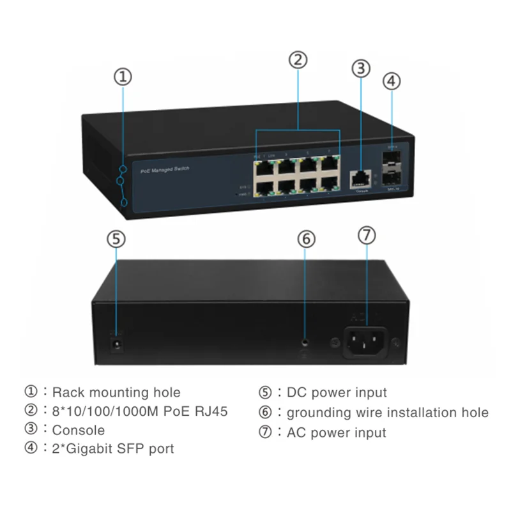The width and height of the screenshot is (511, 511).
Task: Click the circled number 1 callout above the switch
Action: click(123, 77)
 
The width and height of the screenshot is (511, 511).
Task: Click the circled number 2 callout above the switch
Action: click(298, 60)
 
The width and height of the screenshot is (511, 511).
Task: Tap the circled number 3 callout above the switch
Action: click(362, 67)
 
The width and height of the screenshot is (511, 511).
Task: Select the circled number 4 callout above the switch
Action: click(392, 81)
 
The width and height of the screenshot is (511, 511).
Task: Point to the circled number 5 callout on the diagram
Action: click(116, 239)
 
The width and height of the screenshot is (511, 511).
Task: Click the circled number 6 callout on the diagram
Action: click(306, 239)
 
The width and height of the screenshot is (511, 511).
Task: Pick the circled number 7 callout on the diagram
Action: click(366, 234)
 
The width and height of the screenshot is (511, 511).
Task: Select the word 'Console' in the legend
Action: click(78, 430)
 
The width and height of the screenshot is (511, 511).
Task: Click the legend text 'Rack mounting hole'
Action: click(116, 392)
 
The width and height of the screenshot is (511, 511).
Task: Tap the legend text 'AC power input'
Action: click(336, 432)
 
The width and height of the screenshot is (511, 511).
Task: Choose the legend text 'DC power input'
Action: click(336, 392)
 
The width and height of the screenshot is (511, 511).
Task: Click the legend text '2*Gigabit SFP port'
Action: click(112, 448)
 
